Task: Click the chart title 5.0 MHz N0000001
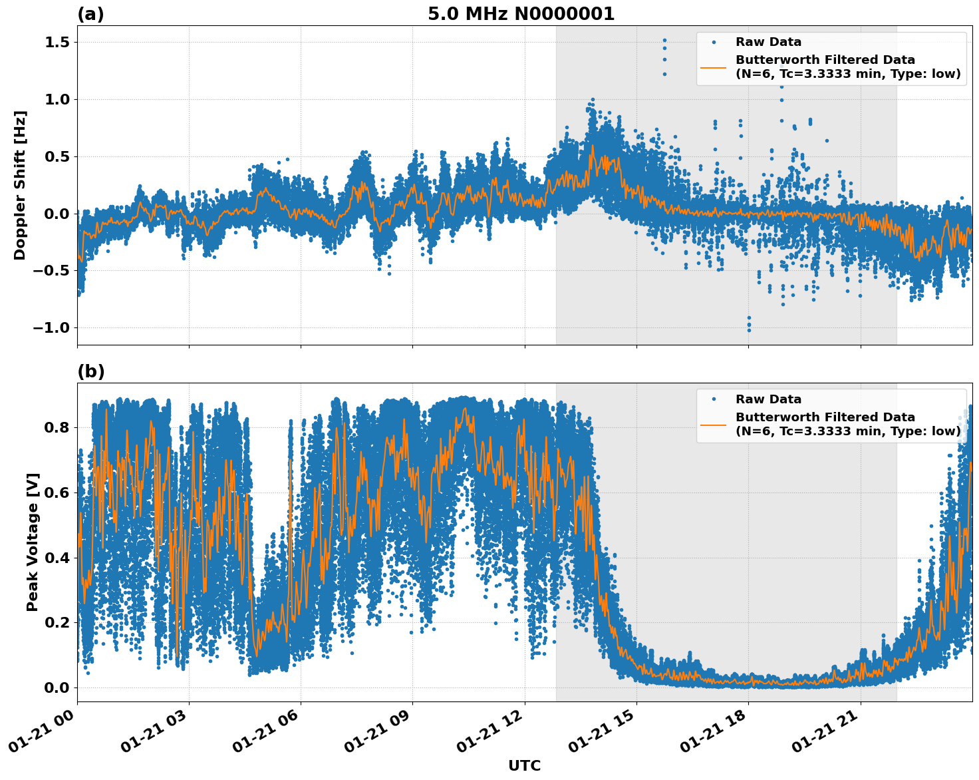tap(521, 14)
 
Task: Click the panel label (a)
tap(90, 14)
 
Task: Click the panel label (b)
tap(90, 371)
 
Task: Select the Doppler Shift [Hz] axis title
tap(20, 185)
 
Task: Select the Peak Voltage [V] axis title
tap(33, 542)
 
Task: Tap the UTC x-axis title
tap(524, 765)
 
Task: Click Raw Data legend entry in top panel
tap(768, 42)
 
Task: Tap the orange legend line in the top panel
tap(713, 67)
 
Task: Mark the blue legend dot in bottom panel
tap(713, 399)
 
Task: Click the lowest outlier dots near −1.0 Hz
tap(749, 325)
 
